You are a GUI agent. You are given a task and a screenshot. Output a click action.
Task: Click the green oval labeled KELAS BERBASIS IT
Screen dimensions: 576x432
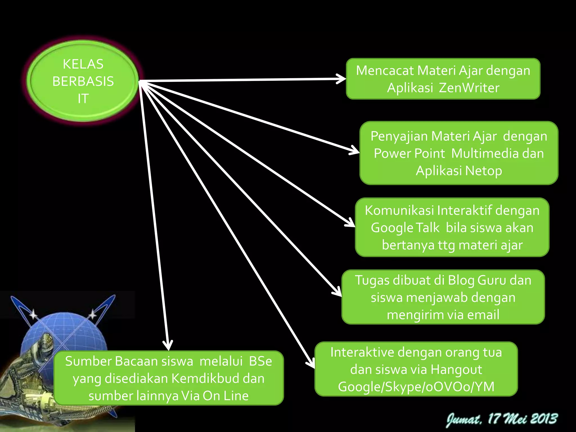tap(83, 81)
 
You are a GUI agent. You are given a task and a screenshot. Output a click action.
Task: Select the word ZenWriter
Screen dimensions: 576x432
tap(469, 88)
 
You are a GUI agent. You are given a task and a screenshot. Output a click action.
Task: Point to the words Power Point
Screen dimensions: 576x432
tap(409, 154)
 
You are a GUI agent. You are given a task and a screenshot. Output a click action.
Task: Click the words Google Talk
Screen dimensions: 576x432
tap(405, 228)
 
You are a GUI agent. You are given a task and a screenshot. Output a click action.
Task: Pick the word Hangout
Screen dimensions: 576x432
tap(456, 370)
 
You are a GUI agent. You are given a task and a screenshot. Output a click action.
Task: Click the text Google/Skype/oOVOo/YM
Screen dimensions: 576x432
tap(416, 387)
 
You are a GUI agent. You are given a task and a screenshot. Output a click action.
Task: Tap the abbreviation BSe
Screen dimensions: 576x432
tap(260, 361)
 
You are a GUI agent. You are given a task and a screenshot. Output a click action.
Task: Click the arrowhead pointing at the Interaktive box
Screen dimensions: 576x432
tap(311, 364)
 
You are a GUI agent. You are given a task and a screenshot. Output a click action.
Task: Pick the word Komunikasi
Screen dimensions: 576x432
tap(399, 210)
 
